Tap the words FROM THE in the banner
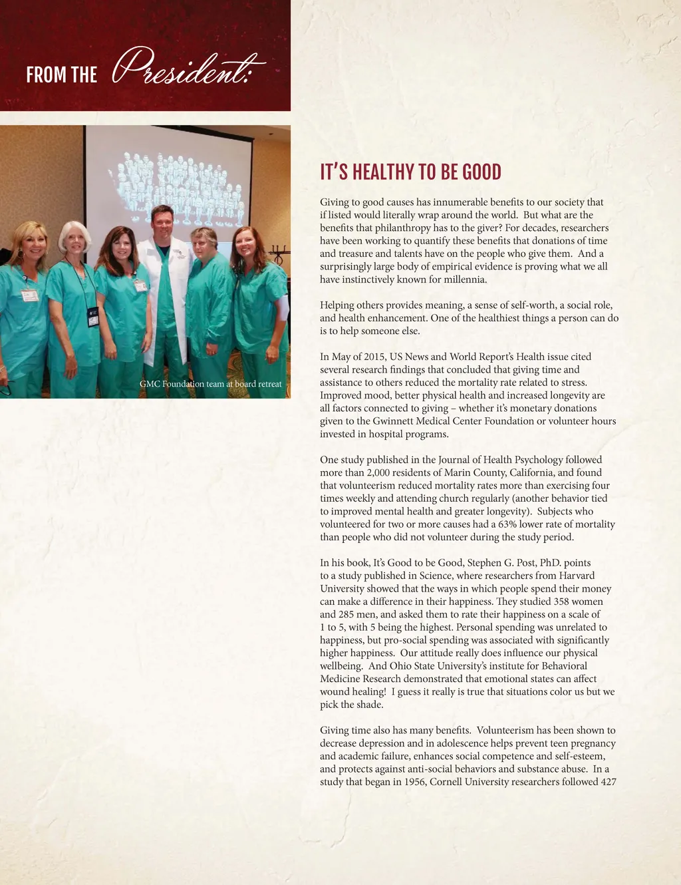pyautogui.click(x=62, y=75)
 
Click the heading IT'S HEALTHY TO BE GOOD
pyautogui.click(x=410, y=172)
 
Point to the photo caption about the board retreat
pyautogui.click(x=210, y=384)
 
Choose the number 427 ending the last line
pyautogui.click(x=608, y=782)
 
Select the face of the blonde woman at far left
pyautogui.click(x=31, y=244)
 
